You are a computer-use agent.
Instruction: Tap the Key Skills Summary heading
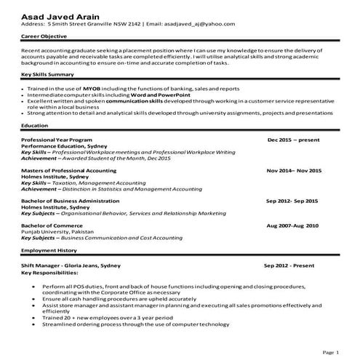(48, 76)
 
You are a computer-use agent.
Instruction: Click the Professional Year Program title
(57, 138)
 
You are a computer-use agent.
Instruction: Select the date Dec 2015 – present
(294, 138)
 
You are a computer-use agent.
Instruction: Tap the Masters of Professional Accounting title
(68, 170)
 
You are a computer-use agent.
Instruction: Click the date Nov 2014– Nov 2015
(293, 170)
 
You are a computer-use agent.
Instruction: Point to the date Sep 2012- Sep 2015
(292, 200)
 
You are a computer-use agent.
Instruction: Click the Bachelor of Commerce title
(52, 225)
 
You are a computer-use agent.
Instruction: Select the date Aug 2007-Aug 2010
(292, 225)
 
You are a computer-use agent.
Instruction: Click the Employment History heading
(49, 250)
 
